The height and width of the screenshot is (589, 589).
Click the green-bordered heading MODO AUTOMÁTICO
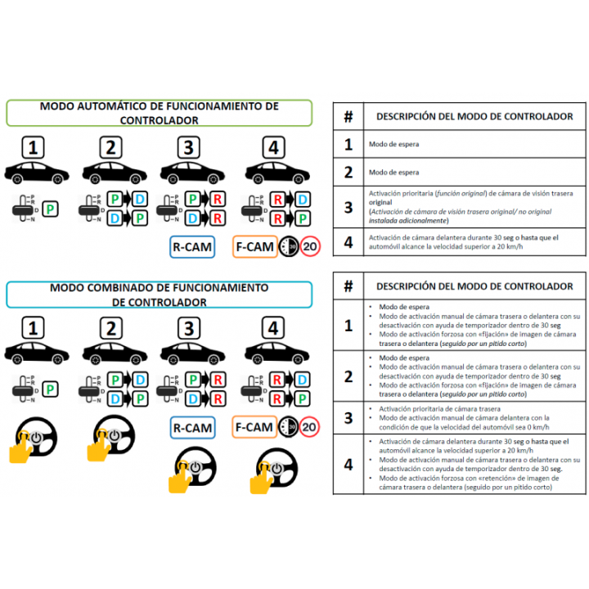pos(159,113)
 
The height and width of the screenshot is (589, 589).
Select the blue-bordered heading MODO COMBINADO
pos(159,294)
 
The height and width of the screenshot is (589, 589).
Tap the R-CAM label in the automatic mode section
pos(192,246)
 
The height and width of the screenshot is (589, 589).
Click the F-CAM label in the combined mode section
pos(254,427)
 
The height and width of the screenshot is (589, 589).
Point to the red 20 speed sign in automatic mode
pos(310,246)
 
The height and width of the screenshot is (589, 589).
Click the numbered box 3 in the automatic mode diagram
pos(189,148)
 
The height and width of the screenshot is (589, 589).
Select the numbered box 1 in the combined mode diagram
pos(32,329)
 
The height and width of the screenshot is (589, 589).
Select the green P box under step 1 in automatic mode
pos(51,209)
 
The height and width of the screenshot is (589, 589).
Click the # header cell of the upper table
pos(348,117)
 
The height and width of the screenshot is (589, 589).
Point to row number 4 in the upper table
pos(348,242)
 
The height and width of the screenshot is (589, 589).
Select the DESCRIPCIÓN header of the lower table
pos(474,286)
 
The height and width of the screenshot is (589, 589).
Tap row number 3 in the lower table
pos(348,418)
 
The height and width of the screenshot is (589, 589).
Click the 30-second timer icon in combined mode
pos(289,427)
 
